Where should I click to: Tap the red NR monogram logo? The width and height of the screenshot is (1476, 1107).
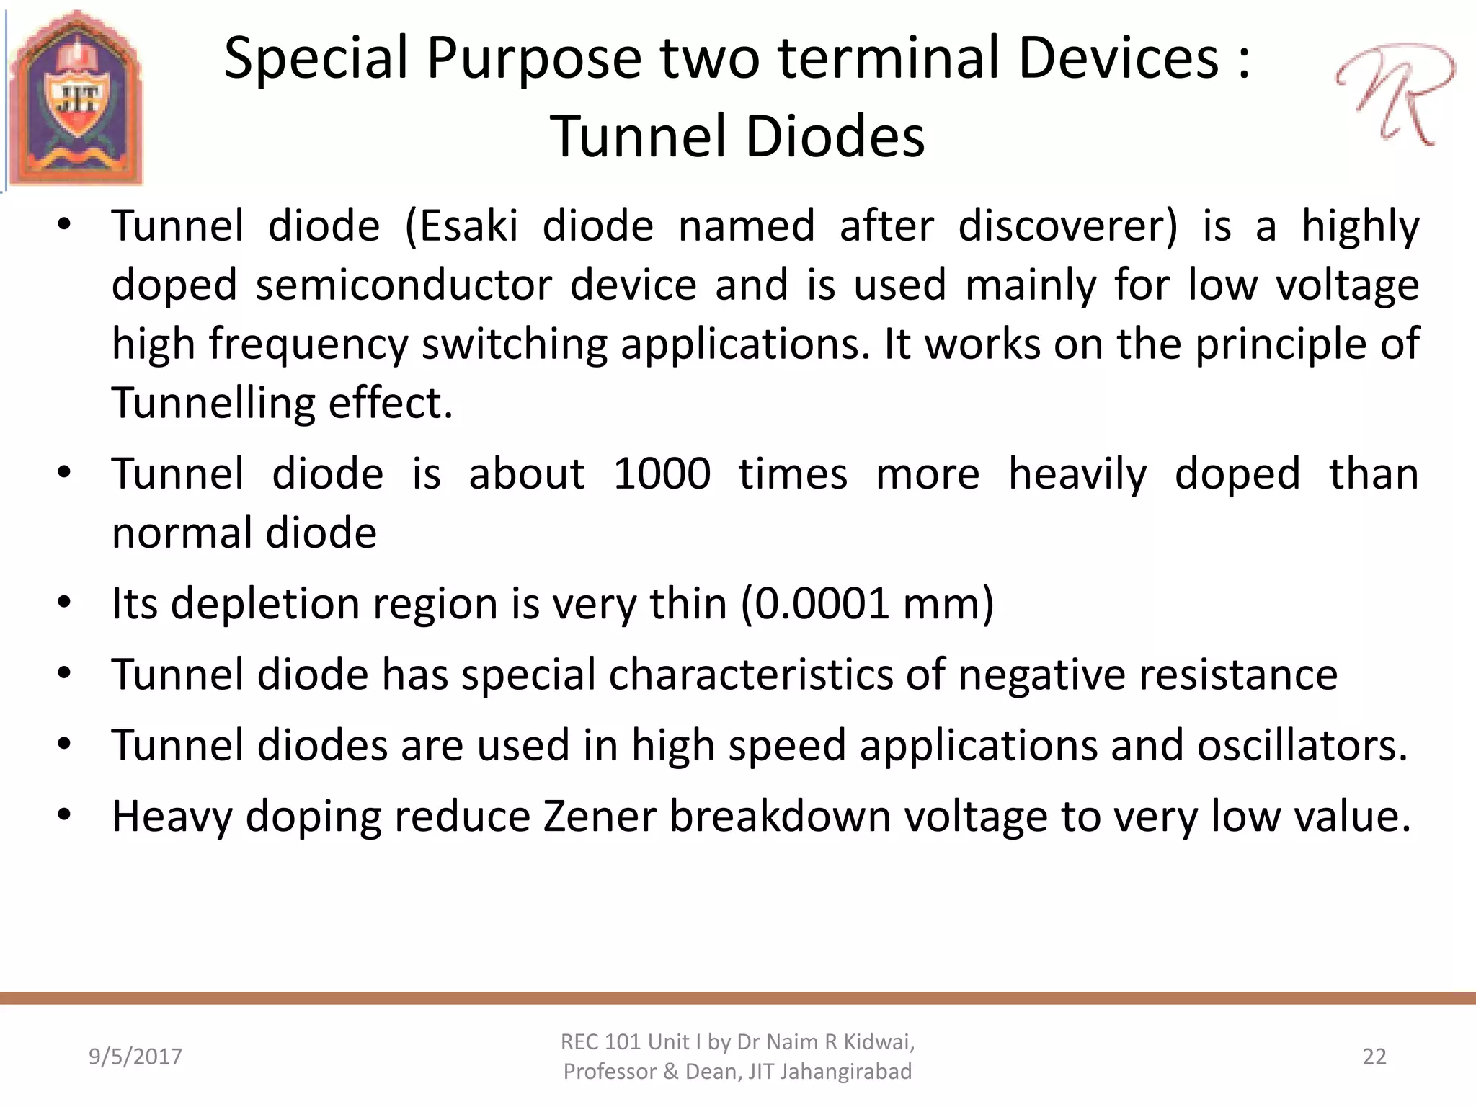[x=1395, y=92]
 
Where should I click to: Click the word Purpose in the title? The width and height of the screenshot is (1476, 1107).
[x=533, y=59]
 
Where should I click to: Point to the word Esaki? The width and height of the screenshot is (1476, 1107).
[x=469, y=226]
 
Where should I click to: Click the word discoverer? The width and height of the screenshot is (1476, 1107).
[x=1067, y=226]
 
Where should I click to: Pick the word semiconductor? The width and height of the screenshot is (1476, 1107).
[x=404, y=285]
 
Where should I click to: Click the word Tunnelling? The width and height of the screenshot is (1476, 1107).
[x=213, y=403]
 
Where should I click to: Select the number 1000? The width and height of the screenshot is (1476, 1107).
[x=662, y=475]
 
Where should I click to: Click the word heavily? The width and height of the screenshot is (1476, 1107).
[x=1077, y=475]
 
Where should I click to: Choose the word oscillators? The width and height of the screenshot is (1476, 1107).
[x=1301, y=746]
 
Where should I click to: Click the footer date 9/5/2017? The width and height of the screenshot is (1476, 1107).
[x=135, y=1057]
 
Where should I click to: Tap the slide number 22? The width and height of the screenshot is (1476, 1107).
[x=1374, y=1057]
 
